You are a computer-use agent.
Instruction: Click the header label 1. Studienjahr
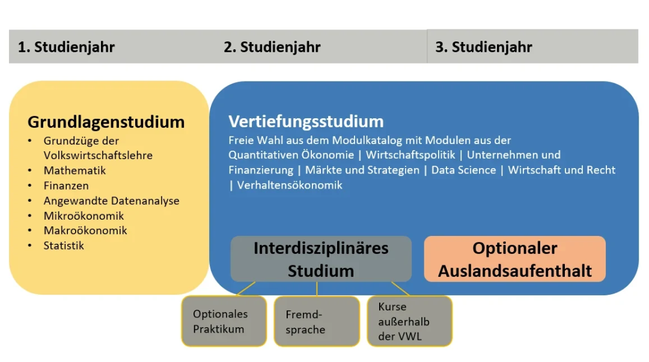(66, 47)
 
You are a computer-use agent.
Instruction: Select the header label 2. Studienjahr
(272, 47)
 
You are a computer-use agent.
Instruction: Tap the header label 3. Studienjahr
(484, 47)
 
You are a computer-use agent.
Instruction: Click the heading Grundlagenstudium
(106, 122)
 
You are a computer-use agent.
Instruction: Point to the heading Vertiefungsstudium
(306, 121)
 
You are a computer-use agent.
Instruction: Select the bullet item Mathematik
(75, 170)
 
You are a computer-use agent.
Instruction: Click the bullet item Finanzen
(66, 186)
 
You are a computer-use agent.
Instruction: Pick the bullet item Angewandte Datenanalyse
(111, 201)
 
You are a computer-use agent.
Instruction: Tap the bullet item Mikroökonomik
(84, 216)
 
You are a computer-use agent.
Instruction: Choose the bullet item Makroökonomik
(85, 231)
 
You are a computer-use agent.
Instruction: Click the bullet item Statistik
(64, 246)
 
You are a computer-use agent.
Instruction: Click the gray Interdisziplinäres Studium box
(321, 259)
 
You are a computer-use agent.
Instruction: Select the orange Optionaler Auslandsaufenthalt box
(514, 259)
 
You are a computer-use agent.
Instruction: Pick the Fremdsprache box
(317, 321)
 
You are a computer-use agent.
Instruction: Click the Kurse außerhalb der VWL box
(409, 321)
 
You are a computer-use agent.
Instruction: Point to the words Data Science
(463, 170)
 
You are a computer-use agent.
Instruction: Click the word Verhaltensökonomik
(290, 185)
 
